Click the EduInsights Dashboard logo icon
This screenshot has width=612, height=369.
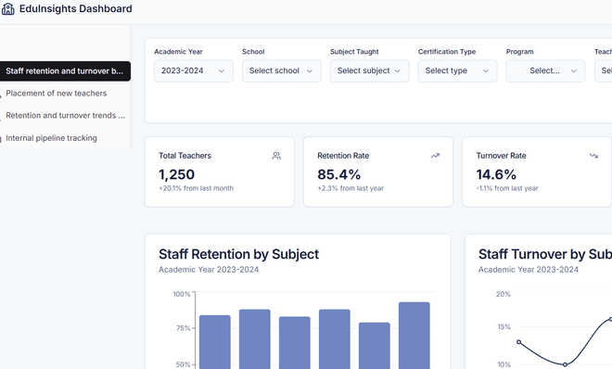pyautogui.click(x=7, y=8)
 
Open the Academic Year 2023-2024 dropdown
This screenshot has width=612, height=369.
pyautogui.click(x=194, y=70)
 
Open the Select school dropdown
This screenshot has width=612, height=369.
pyautogui.click(x=281, y=70)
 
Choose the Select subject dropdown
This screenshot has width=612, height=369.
pyautogui.click(x=370, y=70)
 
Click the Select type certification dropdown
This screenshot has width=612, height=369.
pyautogui.click(x=457, y=70)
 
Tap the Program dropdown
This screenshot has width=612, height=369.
pyautogui.click(x=545, y=70)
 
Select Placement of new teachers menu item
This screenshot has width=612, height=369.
pyautogui.click(x=57, y=94)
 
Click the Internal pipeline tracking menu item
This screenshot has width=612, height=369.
pyautogui.click(x=51, y=138)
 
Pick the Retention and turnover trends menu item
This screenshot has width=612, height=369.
pyautogui.click(x=65, y=116)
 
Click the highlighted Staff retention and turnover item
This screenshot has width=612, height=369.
pyautogui.click(x=64, y=71)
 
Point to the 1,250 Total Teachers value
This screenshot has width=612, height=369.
pyautogui.click(x=176, y=174)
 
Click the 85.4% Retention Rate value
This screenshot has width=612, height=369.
pyautogui.click(x=338, y=174)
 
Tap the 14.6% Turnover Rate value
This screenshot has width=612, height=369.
pyautogui.click(x=496, y=174)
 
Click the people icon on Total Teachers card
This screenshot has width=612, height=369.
pyautogui.click(x=276, y=156)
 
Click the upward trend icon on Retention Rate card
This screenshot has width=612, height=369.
pyautogui.click(x=435, y=156)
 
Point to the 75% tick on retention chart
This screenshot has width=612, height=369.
pyautogui.click(x=183, y=328)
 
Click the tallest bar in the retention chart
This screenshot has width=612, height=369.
pyautogui.click(x=414, y=336)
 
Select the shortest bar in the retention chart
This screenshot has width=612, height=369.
pyautogui.click(x=375, y=346)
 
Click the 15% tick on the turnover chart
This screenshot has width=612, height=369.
pyautogui.click(x=504, y=327)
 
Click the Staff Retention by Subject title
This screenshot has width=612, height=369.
pyautogui.click(x=238, y=254)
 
